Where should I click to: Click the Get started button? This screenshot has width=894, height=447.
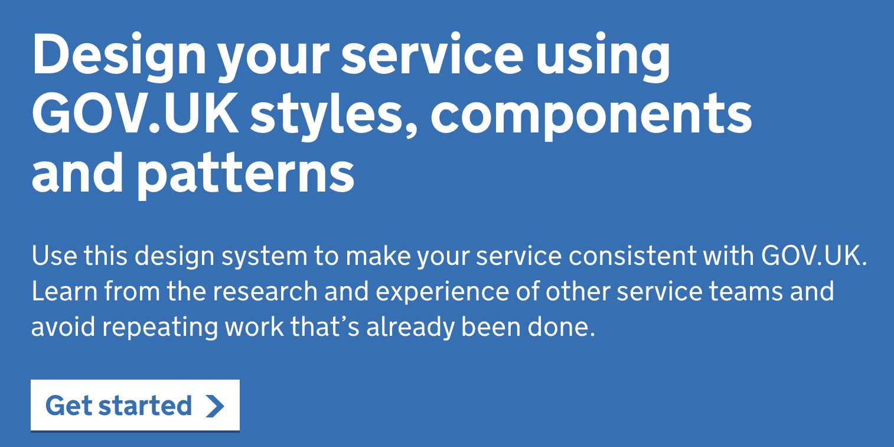(135, 406)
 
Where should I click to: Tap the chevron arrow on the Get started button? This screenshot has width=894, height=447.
(215, 406)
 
